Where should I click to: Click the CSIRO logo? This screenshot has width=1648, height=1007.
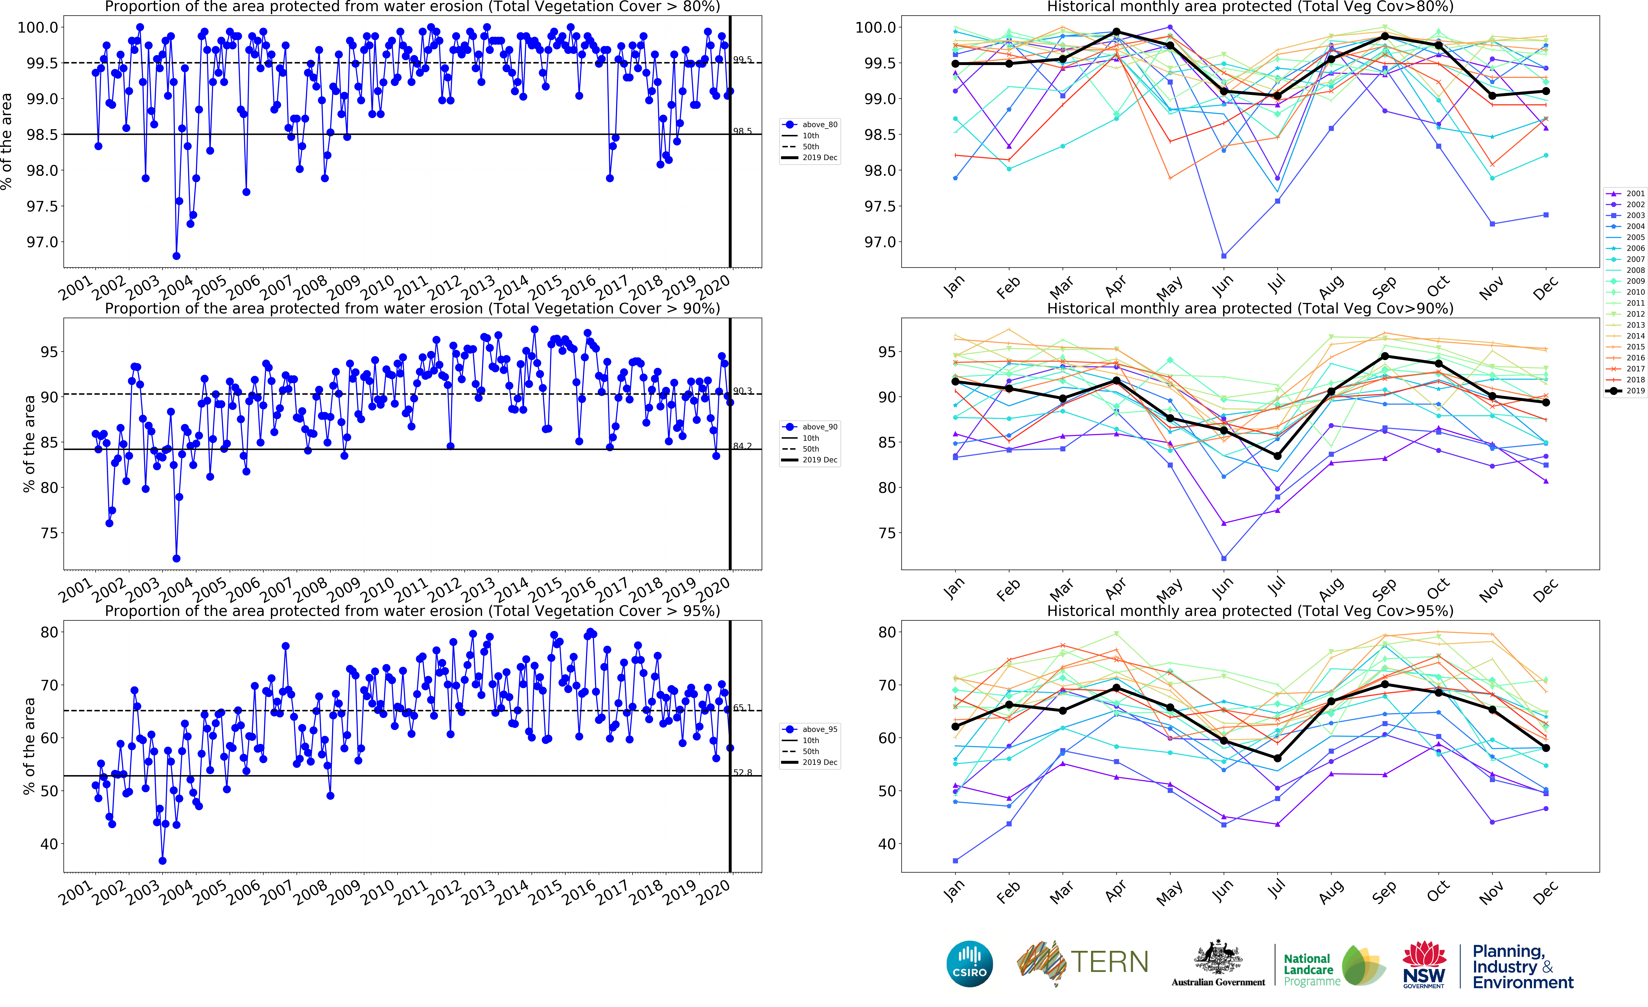pos(969,964)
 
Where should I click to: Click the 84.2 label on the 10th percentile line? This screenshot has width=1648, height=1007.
pos(742,446)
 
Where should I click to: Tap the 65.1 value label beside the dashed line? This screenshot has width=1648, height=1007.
pos(742,707)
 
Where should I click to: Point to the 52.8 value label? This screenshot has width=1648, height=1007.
pos(742,772)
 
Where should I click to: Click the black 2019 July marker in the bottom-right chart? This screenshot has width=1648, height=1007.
pos(1278,758)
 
